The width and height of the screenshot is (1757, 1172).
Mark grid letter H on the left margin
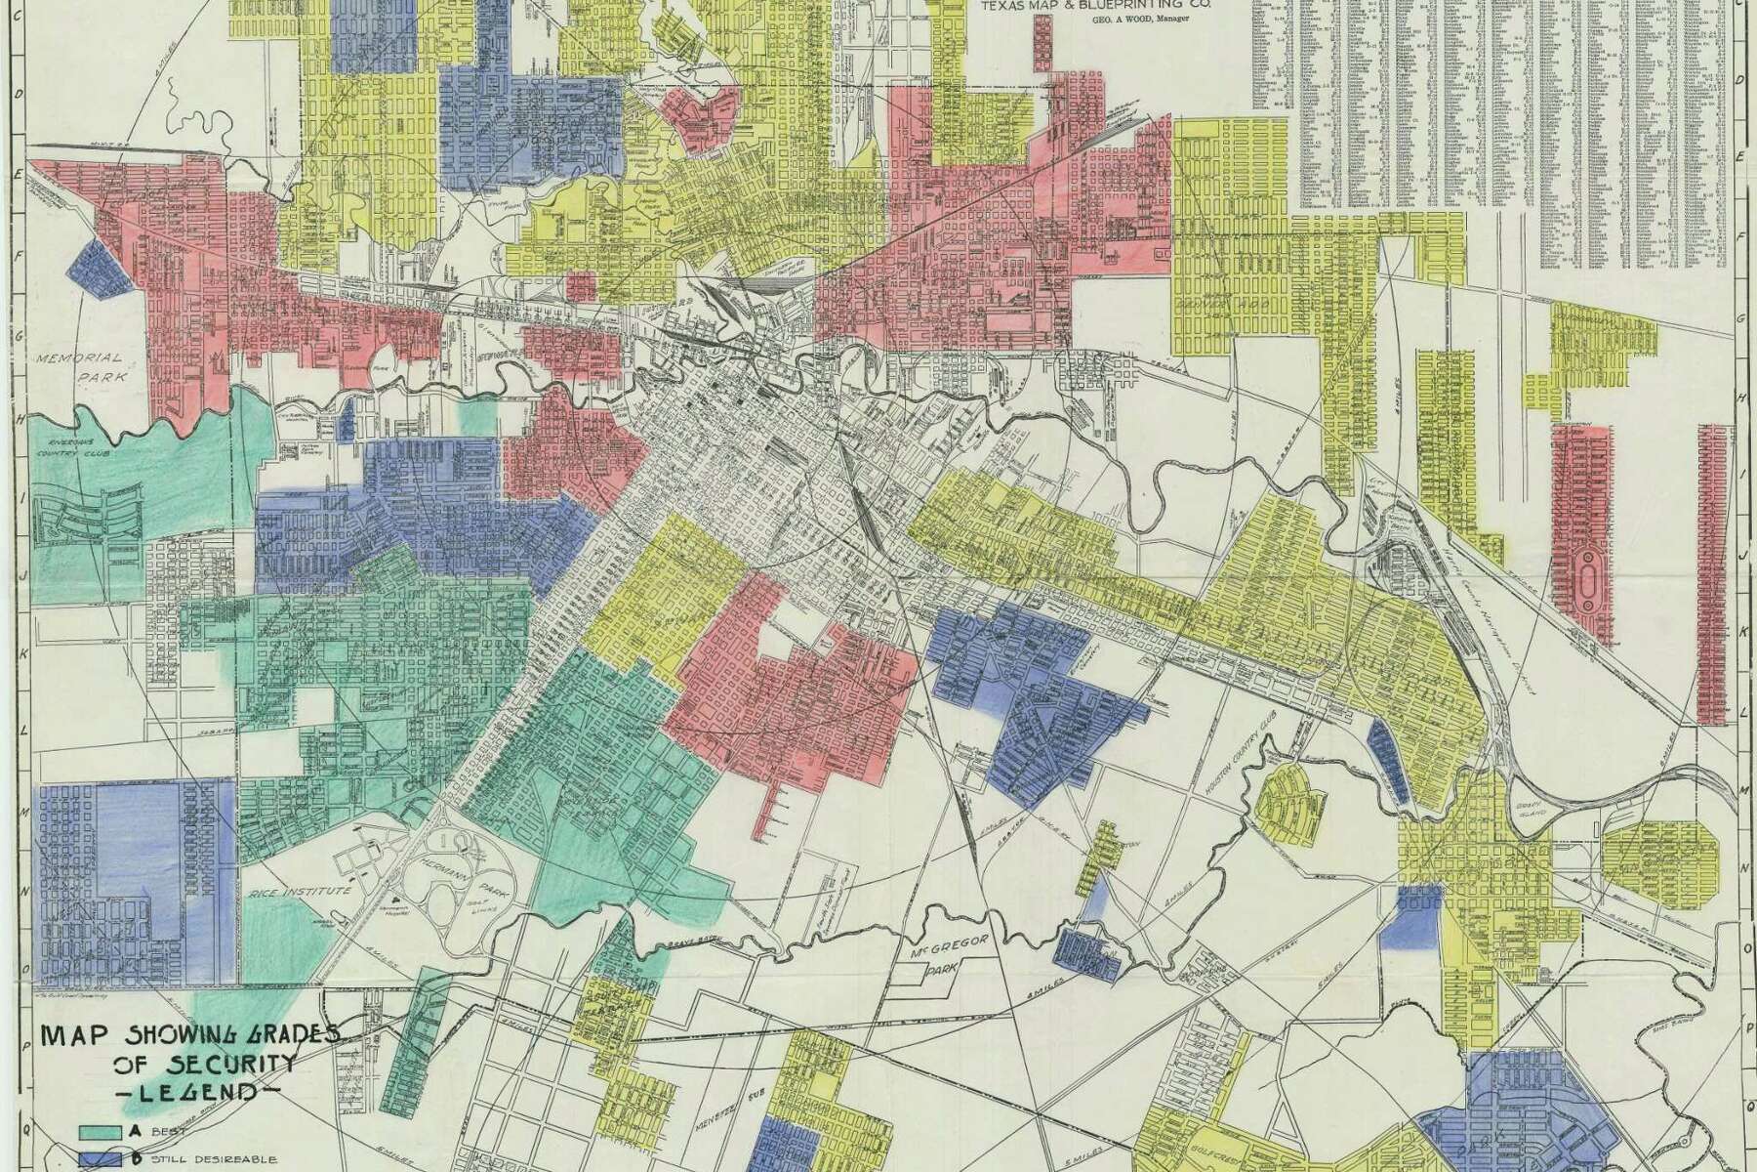click(x=18, y=417)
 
